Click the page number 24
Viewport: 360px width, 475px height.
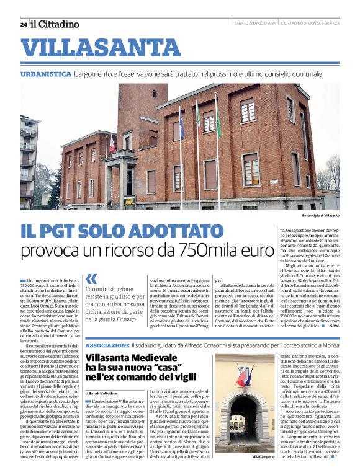click(24, 24)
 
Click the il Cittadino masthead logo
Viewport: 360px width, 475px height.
click(55, 24)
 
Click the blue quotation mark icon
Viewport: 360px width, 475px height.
click(91, 279)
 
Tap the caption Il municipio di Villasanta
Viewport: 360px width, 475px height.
click(320, 215)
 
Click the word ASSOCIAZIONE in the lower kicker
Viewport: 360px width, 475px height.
click(107, 345)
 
